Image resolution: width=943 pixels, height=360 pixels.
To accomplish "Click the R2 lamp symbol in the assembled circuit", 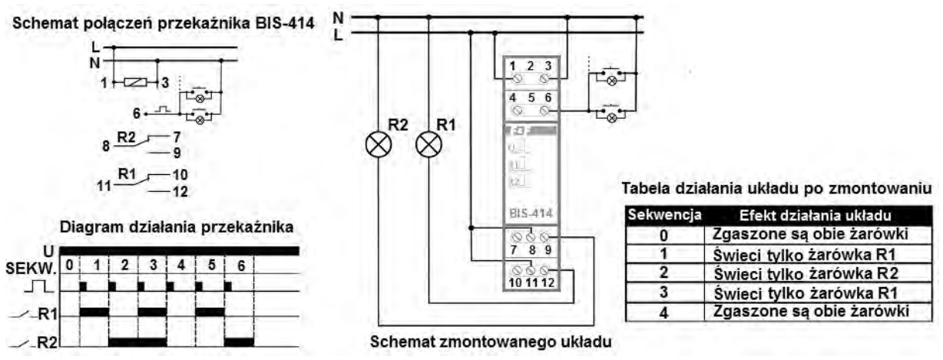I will [x=378, y=144].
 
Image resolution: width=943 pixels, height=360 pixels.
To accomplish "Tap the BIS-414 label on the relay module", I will [x=529, y=214].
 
